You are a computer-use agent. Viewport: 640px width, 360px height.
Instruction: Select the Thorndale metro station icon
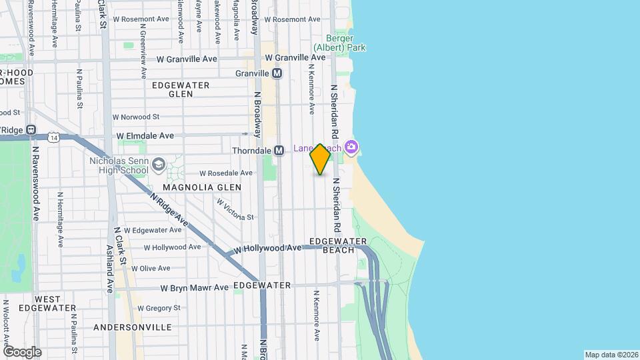(x=279, y=151)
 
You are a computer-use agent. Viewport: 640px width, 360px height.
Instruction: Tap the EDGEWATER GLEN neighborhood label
(x=181, y=89)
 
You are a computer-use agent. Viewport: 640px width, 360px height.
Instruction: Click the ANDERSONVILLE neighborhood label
(x=132, y=327)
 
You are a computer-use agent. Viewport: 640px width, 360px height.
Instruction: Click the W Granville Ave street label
(x=187, y=59)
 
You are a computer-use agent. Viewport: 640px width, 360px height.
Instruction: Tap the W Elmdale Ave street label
(x=145, y=135)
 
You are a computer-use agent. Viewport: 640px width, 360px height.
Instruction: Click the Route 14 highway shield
(x=53, y=137)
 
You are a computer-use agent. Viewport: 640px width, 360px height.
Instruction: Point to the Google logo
(x=21, y=351)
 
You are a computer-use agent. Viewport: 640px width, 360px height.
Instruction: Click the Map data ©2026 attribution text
(x=611, y=355)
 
